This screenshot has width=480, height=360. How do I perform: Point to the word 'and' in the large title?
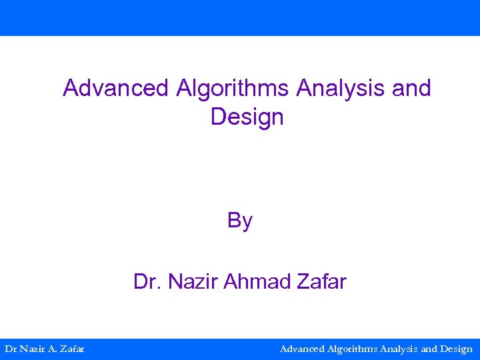(412, 88)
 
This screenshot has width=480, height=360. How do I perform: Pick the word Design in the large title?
(247, 117)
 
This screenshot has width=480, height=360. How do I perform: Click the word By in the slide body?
(240, 220)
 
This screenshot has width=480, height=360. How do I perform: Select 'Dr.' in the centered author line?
(148, 282)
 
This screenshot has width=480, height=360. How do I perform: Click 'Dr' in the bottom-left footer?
(11, 349)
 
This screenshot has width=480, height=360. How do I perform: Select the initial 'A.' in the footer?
(52, 349)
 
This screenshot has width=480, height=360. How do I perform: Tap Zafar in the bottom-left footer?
(72, 349)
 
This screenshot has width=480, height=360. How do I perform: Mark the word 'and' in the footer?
(430, 349)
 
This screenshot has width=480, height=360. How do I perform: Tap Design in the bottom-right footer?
(457, 349)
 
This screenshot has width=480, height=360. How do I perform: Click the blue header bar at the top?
(240, 17)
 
